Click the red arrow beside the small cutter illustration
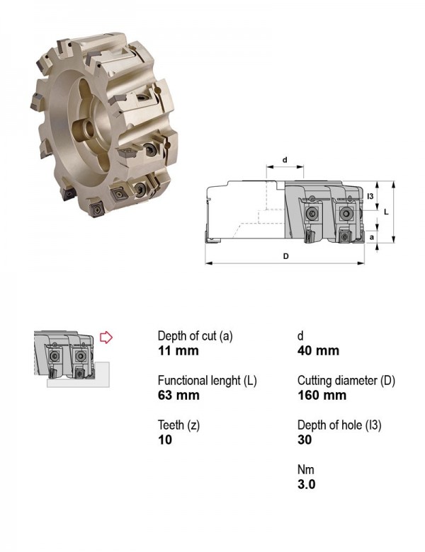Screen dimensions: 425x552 [x=106, y=338]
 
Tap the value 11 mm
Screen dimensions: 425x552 [x=178, y=350]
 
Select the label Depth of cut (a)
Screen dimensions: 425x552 [x=195, y=336]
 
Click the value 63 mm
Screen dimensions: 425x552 [x=178, y=395]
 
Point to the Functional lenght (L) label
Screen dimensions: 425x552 [x=208, y=381]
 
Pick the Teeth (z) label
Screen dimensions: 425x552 [x=178, y=425]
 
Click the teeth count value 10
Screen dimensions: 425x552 [x=165, y=439]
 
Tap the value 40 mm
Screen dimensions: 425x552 [x=318, y=350]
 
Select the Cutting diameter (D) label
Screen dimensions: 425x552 [x=346, y=381]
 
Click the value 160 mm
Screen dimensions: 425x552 [x=322, y=395]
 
